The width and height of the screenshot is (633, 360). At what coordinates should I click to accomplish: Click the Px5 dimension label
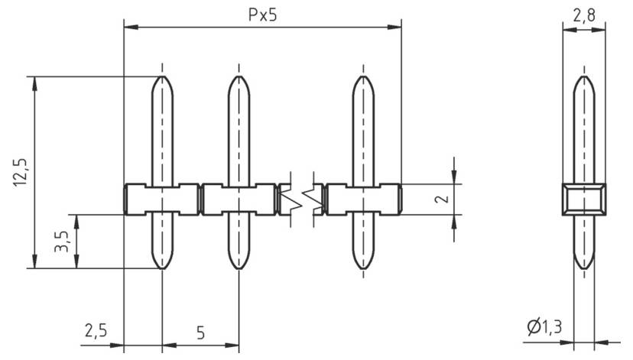point(261,15)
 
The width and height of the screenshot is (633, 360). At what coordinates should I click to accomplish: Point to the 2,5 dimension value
point(96,332)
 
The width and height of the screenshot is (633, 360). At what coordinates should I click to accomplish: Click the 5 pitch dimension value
point(200,333)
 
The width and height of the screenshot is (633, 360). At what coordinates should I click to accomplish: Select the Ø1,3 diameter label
point(544,328)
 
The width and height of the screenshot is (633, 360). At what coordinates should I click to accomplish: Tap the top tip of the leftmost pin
point(162,77)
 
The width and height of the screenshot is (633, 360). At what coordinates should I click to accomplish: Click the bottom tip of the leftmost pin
point(162,268)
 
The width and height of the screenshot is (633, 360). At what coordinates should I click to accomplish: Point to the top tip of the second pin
point(239,77)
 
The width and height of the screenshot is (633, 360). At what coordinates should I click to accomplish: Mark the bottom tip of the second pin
point(239,268)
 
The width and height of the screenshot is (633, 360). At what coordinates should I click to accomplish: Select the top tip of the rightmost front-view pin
point(363,77)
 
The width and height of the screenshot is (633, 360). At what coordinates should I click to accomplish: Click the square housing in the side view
point(584,199)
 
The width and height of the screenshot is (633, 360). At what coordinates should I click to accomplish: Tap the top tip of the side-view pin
point(584,77)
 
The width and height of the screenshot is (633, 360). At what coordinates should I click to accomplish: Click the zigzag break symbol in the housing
point(301,199)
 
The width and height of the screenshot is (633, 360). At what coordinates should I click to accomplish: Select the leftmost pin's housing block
point(162,199)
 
